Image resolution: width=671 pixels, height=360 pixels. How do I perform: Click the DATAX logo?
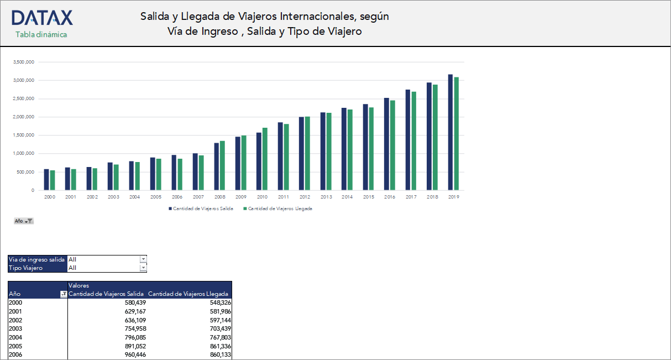42,18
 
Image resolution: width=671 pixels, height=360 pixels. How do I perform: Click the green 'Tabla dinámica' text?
41,34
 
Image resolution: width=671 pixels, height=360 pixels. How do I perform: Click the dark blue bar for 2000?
46,180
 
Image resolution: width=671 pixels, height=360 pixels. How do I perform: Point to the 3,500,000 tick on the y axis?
24,62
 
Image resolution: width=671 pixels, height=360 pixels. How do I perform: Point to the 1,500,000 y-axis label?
24,135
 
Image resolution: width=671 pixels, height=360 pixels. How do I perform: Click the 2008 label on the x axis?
219,197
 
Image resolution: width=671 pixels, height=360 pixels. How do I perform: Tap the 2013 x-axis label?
326,197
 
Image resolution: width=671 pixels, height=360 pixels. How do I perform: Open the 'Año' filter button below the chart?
24,221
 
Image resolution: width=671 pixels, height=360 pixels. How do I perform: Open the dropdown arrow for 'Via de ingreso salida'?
143,259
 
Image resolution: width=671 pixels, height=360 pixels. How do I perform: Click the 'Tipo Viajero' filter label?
26,268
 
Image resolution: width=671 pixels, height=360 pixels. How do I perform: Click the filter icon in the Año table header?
63,294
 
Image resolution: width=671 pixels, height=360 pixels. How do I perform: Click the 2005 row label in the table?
15,346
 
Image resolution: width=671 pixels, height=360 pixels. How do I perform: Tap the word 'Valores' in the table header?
78,285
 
